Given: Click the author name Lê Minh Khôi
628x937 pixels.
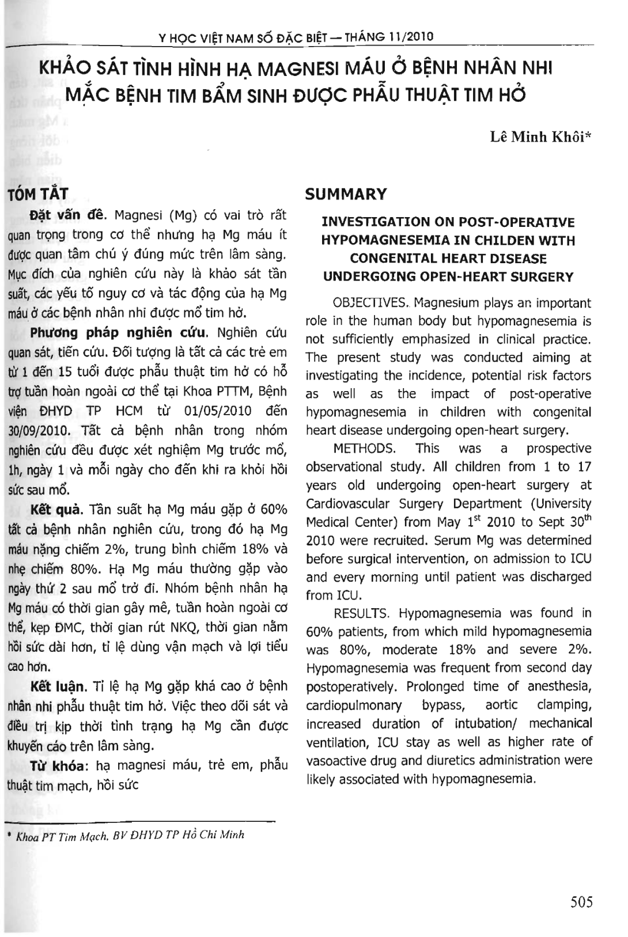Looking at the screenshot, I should point(541,137).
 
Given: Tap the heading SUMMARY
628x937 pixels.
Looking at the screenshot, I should point(346,194).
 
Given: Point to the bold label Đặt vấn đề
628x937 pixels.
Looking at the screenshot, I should point(68,215).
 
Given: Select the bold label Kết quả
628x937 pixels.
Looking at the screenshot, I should point(57,510).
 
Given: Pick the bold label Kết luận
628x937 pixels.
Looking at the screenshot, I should point(58,686).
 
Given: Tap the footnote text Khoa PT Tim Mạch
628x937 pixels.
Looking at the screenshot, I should point(63,836).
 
